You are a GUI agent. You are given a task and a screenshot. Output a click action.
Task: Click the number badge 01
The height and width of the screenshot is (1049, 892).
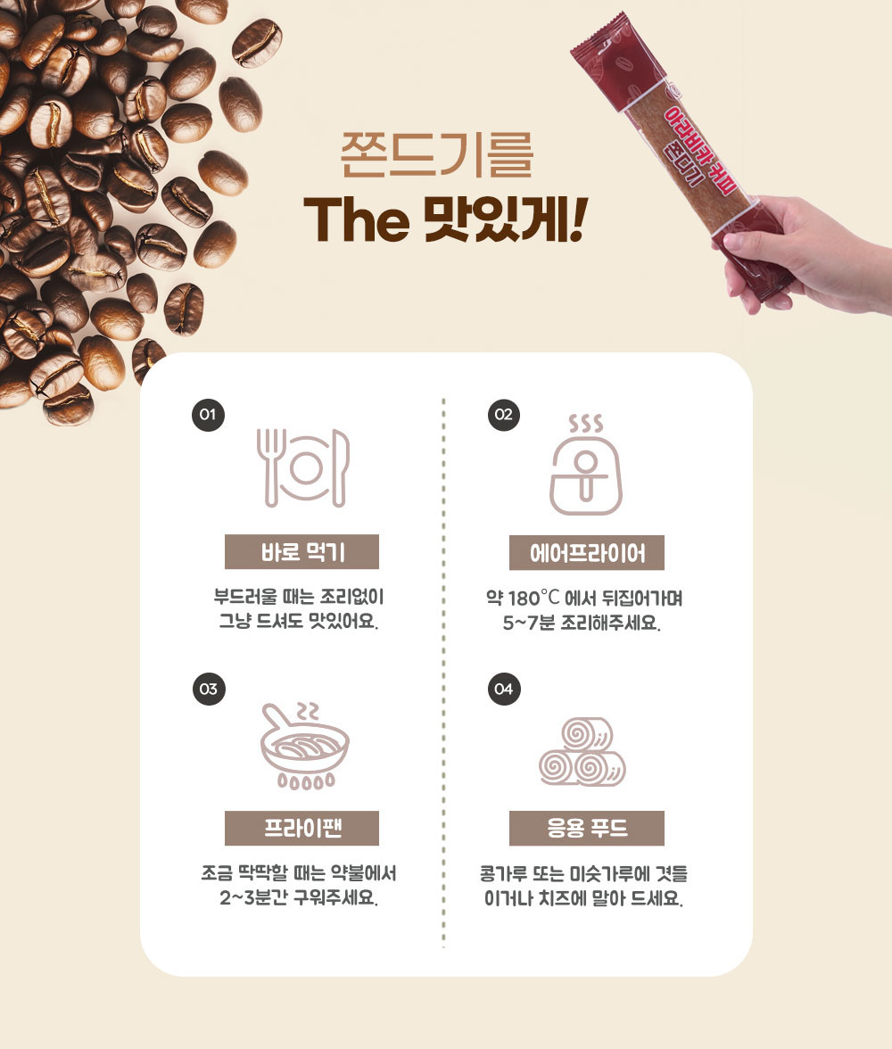click(208, 415)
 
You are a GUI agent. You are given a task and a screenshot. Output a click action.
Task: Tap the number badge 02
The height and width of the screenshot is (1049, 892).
click(504, 415)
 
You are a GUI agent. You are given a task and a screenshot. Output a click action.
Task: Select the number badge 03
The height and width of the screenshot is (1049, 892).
click(209, 689)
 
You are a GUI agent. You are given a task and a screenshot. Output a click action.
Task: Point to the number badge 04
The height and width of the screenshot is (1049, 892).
click(504, 689)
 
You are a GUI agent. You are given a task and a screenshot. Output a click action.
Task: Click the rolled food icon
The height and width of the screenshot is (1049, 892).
click(582, 752)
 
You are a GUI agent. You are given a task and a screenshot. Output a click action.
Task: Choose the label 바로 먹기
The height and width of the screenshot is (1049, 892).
click(301, 552)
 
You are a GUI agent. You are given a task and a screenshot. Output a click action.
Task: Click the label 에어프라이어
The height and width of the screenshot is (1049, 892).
click(587, 553)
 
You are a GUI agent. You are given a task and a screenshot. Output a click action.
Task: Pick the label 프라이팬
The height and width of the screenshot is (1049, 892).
click(301, 828)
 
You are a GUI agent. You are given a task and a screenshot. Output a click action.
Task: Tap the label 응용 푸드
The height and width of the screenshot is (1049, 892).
click(587, 828)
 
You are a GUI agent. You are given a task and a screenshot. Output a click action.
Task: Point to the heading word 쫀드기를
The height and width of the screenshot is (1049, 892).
click(437, 154)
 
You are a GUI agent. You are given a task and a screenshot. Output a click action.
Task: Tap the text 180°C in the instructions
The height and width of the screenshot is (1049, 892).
click(533, 598)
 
